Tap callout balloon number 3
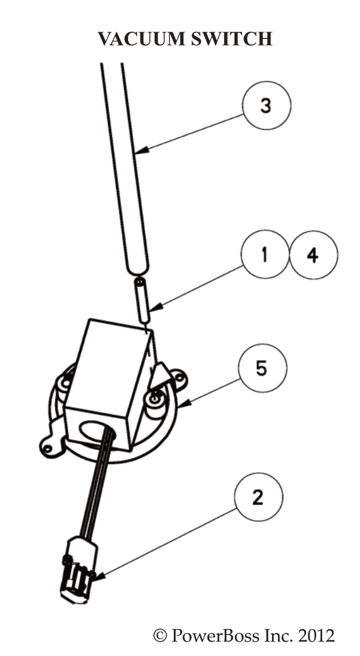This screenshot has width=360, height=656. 266,107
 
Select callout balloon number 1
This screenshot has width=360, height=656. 265,255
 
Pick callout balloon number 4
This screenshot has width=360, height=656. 313,255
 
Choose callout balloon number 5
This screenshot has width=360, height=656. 262,368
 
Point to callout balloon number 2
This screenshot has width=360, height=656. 258,497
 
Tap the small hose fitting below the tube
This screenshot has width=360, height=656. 141,300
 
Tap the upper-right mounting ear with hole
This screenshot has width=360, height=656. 178,377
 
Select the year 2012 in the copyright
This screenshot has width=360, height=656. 316,635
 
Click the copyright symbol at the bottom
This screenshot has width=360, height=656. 161,636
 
